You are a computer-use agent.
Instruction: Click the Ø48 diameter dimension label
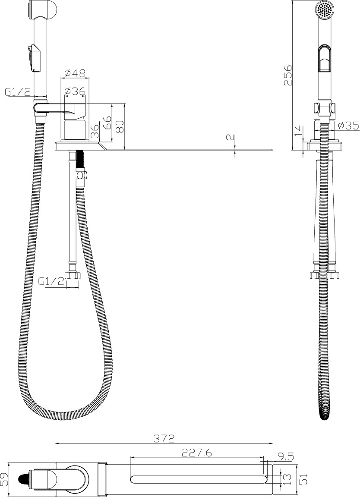point(75,73)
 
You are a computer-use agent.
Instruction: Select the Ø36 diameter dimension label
point(75,91)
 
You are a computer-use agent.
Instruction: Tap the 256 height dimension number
point(288,75)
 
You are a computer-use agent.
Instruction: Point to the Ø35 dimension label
point(349,126)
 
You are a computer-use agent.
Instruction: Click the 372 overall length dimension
point(164,439)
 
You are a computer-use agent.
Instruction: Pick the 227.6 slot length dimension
point(197,453)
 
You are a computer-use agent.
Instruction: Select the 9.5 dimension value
point(285,457)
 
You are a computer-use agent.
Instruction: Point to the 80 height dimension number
point(119,126)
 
